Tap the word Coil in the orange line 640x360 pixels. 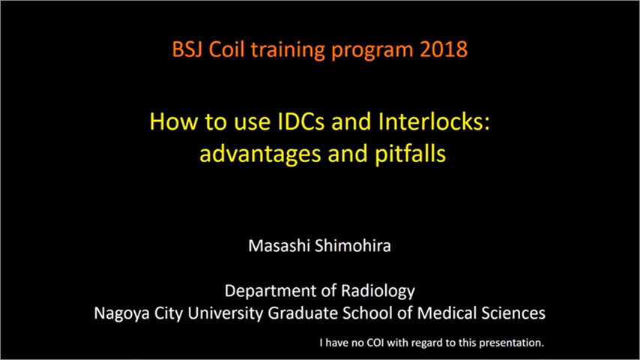(x=226, y=49)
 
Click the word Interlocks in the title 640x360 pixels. (x=434, y=121)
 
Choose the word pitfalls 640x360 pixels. (x=410, y=154)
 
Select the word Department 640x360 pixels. (x=270, y=291)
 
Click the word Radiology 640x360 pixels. (x=378, y=291)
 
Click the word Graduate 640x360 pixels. (x=303, y=313)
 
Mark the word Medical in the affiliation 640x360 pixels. (x=447, y=313)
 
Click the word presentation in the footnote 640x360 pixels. (x=511, y=343)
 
